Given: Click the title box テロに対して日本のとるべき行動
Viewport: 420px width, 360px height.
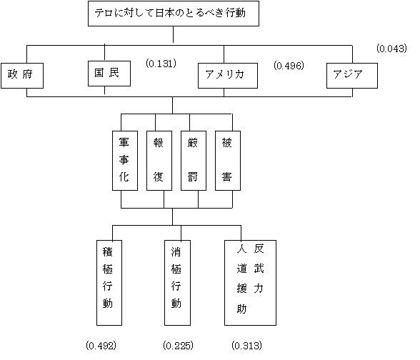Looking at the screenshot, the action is click(x=174, y=14).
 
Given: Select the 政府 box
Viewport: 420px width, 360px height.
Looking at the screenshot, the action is click(x=22, y=76).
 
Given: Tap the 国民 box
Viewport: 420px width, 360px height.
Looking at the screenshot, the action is click(x=109, y=74).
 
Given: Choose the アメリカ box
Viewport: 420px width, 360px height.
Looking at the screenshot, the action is click(x=228, y=76).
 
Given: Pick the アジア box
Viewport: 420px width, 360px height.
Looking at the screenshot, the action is click(x=352, y=76).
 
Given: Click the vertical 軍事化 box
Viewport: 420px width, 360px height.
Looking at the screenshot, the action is click(x=125, y=161).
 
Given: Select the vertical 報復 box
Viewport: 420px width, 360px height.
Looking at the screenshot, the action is click(x=159, y=161).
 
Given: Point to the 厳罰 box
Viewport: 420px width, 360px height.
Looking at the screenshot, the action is click(x=194, y=161).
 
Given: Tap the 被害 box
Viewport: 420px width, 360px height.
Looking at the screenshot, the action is click(x=228, y=161).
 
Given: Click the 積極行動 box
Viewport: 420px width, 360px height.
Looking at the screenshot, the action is click(x=109, y=283).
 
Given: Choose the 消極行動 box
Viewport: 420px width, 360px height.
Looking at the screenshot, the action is click(x=177, y=283).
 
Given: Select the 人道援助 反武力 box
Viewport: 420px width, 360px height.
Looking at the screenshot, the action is click(x=250, y=283).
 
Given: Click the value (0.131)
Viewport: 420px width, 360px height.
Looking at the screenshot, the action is click(x=161, y=64).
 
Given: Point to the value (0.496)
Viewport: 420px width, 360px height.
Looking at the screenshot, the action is click(x=289, y=66).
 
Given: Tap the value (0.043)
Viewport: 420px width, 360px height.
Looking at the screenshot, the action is click(x=391, y=49).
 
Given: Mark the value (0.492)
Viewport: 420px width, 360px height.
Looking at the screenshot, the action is click(x=101, y=346).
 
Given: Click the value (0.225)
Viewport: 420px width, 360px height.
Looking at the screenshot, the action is click(x=178, y=346).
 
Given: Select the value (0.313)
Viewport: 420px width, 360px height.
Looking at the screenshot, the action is click(x=246, y=346).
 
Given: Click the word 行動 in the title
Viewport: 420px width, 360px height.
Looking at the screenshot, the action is click(x=235, y=13).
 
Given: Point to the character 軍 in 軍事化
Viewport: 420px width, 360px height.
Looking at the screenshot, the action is click(x=124, y=142).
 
